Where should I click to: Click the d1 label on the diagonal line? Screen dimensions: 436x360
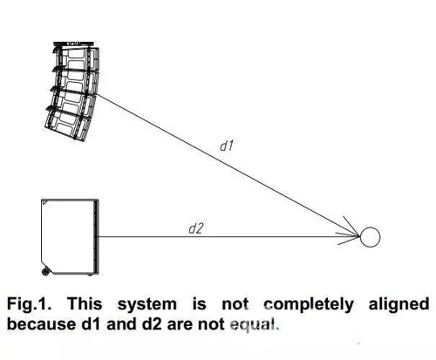pos(227,146)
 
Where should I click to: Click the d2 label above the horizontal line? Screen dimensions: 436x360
pos(195,228)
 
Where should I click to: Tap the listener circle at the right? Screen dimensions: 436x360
pos(370,237)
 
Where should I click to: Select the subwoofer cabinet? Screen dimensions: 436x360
pos(70,237)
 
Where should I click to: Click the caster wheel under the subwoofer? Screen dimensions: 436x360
pos(45,272)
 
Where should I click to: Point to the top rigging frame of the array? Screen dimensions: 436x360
pos(74,44)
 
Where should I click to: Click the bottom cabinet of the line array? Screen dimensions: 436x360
pos(67,124)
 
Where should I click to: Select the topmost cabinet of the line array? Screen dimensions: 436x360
pos(77,58)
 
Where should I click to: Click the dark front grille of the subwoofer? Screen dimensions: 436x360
pos(96,237)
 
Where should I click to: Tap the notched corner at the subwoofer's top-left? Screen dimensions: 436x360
pos(44,202)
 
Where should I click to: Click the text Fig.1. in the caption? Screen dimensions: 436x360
pos(29,304)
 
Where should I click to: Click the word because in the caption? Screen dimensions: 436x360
pos(41,324)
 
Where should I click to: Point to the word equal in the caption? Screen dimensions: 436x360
pos(255,325)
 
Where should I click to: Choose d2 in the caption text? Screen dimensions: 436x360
pos(151,324)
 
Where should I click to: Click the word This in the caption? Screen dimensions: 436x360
pos(85,304)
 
